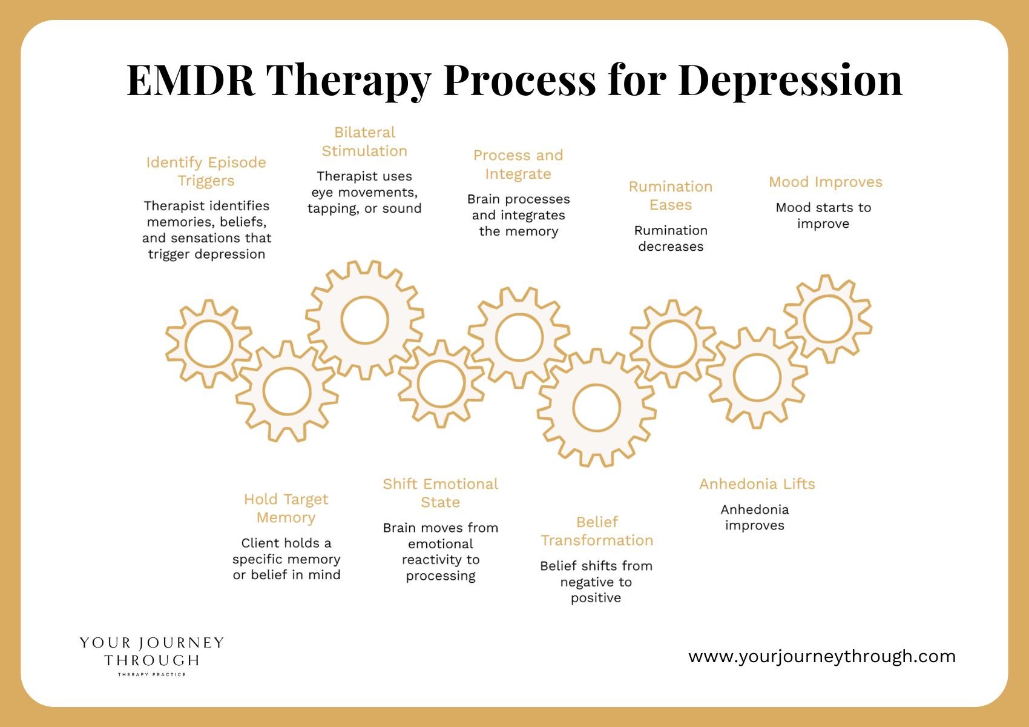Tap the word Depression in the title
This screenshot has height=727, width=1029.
790,81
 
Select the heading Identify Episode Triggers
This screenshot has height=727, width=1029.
206,171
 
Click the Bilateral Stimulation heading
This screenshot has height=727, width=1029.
364,142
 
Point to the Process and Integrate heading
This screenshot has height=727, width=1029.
518,165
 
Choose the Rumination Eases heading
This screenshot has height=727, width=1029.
671,196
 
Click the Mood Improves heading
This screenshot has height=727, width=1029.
826,182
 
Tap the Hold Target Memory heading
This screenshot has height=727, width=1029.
286,508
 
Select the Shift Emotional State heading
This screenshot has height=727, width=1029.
441,493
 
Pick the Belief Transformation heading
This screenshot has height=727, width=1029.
597,531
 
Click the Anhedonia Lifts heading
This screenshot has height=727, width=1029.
757,483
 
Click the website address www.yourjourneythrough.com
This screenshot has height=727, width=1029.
822,656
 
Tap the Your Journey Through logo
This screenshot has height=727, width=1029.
151,655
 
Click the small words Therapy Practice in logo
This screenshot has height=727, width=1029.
151,674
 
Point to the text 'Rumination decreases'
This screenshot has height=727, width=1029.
671,238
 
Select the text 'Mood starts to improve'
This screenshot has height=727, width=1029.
823,215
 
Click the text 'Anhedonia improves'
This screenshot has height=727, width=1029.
755,517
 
